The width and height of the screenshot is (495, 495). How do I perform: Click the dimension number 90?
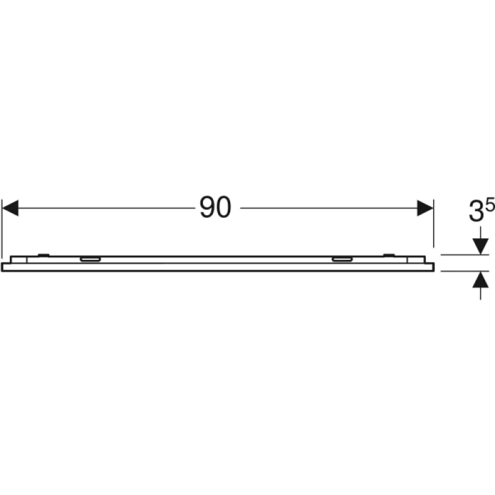click(x=215, y=207)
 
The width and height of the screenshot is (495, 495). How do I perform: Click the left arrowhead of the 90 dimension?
click(x=10, y=208)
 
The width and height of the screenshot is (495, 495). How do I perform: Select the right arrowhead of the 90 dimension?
click(x=425, y=208)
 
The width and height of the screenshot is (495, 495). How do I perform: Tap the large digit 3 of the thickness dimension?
click(x=476, y=212)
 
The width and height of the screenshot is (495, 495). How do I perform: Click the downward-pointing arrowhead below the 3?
click(x=481, y=246)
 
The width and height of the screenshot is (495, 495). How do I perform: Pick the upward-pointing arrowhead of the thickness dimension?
click(x=481, y=280)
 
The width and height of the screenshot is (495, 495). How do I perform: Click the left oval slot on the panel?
click(x=90, y=259)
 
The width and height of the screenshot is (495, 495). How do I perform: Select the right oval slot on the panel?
click(x=342, y=259)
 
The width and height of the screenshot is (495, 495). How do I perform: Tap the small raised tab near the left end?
click(x=43, y=254)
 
